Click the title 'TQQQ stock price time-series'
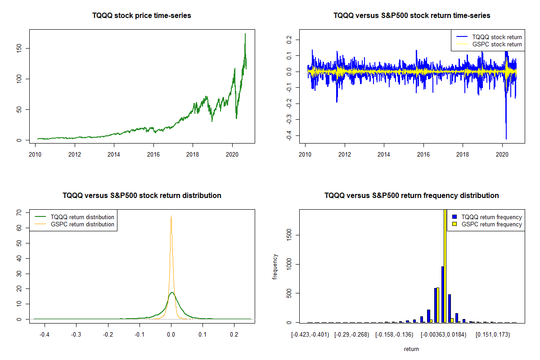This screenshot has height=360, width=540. tap(142, 16)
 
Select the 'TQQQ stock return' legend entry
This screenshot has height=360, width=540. tap(497, 37)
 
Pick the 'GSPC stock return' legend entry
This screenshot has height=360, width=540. tap(497, 45)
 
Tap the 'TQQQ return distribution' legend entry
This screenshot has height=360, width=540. tap(83, 217)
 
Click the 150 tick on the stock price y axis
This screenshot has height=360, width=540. tap(25, 48)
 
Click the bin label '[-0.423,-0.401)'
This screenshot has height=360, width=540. tap(310, 335)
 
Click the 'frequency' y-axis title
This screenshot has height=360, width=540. tap(275, 266)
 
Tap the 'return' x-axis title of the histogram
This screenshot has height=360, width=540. tap(411, 349)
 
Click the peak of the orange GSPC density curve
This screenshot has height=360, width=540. tap(171, 216)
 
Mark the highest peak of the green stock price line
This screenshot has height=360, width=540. tap(245, 34)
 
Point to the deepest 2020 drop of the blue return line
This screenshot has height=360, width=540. tap(506, 139)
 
